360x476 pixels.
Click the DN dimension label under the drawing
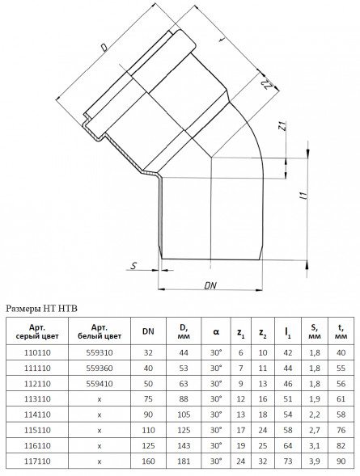pos(210,285)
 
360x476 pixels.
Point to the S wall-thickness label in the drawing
pos(133,266)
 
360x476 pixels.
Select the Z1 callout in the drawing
pos(282,126)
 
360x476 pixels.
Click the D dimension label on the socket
pos(104,48)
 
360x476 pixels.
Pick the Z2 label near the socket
pos(266,85)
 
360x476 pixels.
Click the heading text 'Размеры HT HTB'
pos(42,309)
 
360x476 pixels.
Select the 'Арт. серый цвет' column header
pos(37,332)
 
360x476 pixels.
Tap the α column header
pos(216,331)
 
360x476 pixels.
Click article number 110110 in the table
pos(37,352)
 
